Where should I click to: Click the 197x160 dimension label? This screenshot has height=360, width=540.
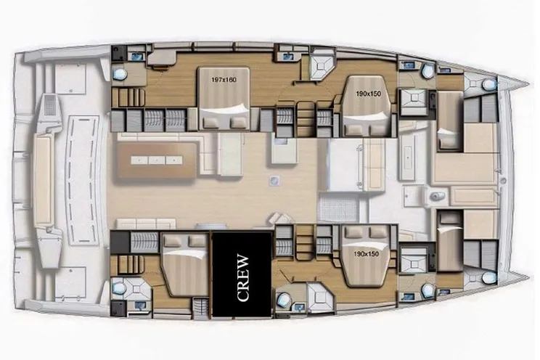pos(224,80)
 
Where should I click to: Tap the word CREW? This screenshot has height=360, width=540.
pos(243,278)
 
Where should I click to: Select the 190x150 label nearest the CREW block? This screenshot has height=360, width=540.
pos(366,254)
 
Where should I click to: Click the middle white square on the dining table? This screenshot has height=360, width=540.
pos(157,160)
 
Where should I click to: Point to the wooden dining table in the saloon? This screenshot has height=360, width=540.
pos(157,160)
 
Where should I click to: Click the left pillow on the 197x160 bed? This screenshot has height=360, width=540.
pos(210,122)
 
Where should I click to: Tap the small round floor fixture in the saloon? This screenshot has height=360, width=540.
pos(274,180)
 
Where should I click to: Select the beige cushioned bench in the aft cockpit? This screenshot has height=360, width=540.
pos(43,180)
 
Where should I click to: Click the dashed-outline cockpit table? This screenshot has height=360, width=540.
pos(82,180)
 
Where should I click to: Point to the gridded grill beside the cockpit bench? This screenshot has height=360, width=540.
pos(50,105)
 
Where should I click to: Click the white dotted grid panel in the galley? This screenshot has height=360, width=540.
pos(338,207)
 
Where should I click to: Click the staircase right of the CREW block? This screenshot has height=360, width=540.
pos(306,242)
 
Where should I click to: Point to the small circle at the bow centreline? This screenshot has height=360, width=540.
pos(503,180)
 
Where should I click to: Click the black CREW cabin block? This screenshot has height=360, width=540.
pos(242,274)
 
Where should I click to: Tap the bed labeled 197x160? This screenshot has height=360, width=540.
pos(224,99)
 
